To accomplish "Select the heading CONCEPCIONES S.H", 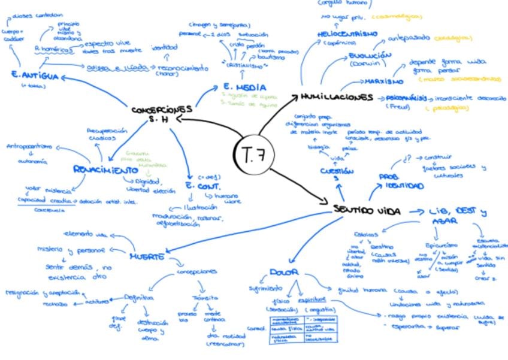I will pyautogui.click(x=162, y=113).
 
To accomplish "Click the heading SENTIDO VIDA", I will pyautogui.click(x=367, y=211).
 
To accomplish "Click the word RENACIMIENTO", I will pyautogui.click(x=101, y=170).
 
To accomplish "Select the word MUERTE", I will pyautogui.click(x=147, y=256).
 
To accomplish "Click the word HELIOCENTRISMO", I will pyautogui.click(x=347, y=34).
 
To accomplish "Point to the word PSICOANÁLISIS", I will pyautogui.click(x=407, y=97).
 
